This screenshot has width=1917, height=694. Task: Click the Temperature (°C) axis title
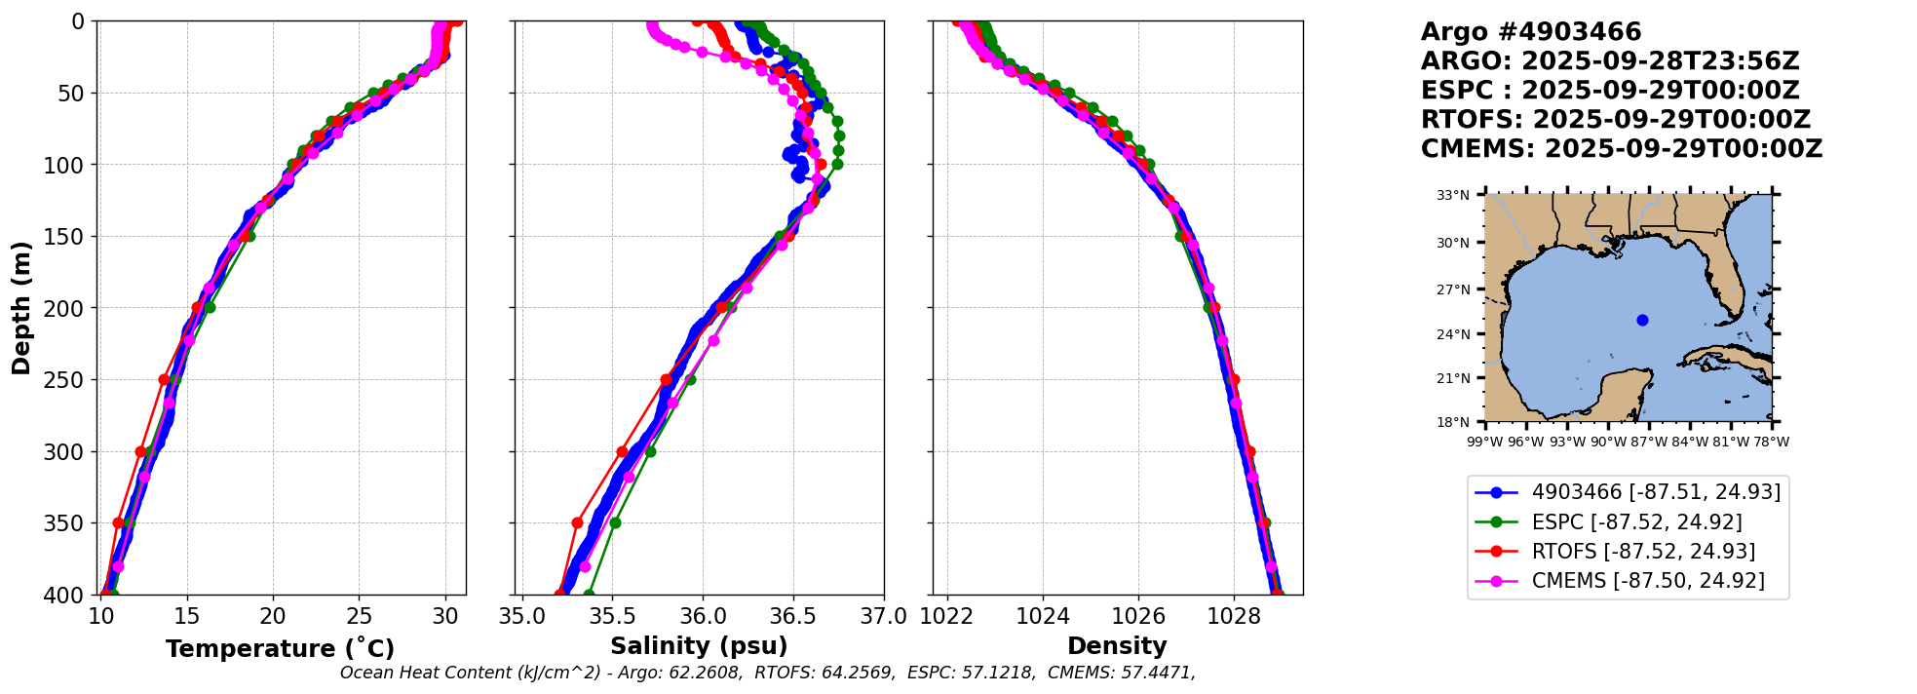(x=280, y=648)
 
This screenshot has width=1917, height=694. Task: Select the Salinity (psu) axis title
(x=699, y=646)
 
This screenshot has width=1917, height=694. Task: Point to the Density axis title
(x=1117, y=646)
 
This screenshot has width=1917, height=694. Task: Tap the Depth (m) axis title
(x=21, y=308)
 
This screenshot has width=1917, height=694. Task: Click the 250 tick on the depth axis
(x=72, y=380)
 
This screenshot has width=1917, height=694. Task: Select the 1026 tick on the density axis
(x=1138, y=616)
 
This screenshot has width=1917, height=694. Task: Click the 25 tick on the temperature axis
(x=360, y=616)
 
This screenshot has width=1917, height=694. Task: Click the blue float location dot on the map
(x=1642, y=320)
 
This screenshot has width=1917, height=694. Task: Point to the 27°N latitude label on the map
(x=1453, y=289)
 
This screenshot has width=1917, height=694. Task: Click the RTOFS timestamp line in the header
(x=1615, y=120)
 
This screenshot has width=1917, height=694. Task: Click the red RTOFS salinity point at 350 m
(x=577, y=523)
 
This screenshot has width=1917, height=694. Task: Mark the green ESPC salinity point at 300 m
(x=650, y=451)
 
